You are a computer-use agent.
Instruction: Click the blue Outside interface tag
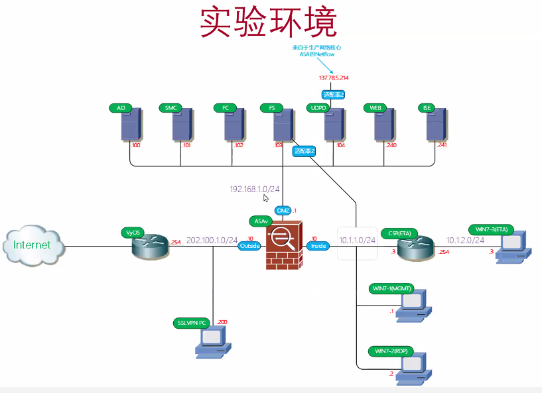[250, 246]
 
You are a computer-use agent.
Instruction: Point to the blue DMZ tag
[283, 210]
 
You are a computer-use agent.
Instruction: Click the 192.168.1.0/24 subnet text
[255, 190]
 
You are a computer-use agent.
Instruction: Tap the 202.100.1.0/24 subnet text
[212, 241]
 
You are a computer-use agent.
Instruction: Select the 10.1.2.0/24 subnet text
[465, 240]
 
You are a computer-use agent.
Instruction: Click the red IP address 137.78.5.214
[334, 78]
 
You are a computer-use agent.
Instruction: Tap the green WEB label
[375, 107]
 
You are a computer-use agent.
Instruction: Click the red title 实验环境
[269, 23]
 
